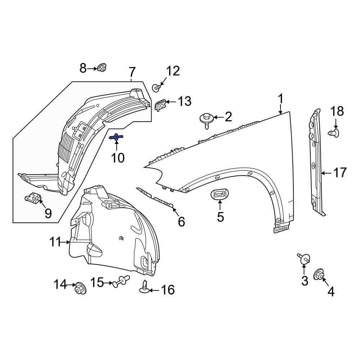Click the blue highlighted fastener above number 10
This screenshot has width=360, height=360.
pos(116,137)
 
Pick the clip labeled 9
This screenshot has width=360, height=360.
pos(33,197)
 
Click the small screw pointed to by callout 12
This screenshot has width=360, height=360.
pos(156,88)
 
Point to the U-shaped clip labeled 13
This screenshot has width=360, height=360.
pos(161,105)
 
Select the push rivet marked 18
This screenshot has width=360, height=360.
pos(334,133)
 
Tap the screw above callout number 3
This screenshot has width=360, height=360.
pos(304,258)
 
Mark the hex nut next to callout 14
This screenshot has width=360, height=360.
pos(81,288)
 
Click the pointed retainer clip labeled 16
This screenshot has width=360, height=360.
pos(144,287)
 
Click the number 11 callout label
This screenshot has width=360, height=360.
pos(55,242)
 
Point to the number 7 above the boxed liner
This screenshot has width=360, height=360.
pos(132,72)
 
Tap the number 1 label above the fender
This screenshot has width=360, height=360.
pos(280,99)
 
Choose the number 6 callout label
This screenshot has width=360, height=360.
pos(181,222)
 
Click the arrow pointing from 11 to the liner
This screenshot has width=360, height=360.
pos(65,242)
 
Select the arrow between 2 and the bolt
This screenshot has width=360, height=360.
pos(219,118)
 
